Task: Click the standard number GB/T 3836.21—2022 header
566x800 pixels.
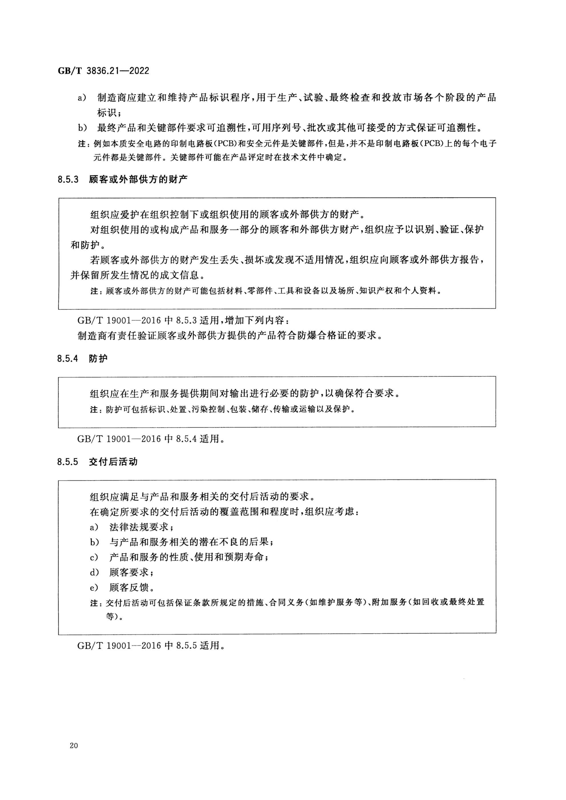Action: (104, 71)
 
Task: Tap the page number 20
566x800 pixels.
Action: (74, 745)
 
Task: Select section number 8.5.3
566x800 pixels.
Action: (68, 180)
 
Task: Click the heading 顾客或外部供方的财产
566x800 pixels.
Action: (138, 180)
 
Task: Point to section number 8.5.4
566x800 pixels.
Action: (68, 358)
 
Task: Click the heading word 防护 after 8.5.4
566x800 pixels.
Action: (98, 358)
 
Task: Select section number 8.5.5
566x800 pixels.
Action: (68, 462)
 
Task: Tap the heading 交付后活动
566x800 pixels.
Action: (113, 462)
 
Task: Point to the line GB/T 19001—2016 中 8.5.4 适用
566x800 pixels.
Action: (150, 439)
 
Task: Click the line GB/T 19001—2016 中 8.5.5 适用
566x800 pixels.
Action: (150, 646)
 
